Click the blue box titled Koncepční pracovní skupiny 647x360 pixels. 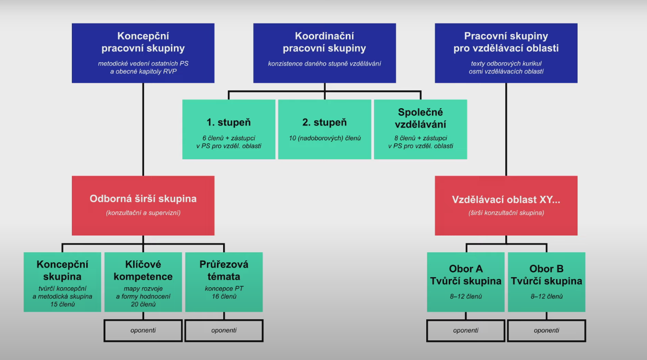143,53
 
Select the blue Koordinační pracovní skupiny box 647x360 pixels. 324,53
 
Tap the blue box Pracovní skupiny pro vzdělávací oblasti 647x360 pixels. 506,53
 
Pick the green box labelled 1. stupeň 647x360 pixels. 228,129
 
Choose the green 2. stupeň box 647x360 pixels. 324,129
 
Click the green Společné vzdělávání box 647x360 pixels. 420,129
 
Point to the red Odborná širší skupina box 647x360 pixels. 143,205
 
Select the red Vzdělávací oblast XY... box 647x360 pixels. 506,205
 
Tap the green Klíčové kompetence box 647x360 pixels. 143,282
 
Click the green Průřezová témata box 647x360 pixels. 224,282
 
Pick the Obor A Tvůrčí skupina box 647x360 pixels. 465,282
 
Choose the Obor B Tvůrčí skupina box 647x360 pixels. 546,282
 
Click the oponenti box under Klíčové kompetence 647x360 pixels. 143,330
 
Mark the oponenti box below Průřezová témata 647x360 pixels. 224,330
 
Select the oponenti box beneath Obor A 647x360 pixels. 465,330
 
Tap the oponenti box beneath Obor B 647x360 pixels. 546,330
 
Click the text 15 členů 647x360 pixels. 62,304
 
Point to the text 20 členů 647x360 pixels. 143,304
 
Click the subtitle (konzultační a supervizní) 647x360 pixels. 143,213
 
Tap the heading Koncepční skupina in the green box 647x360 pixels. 62,270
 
